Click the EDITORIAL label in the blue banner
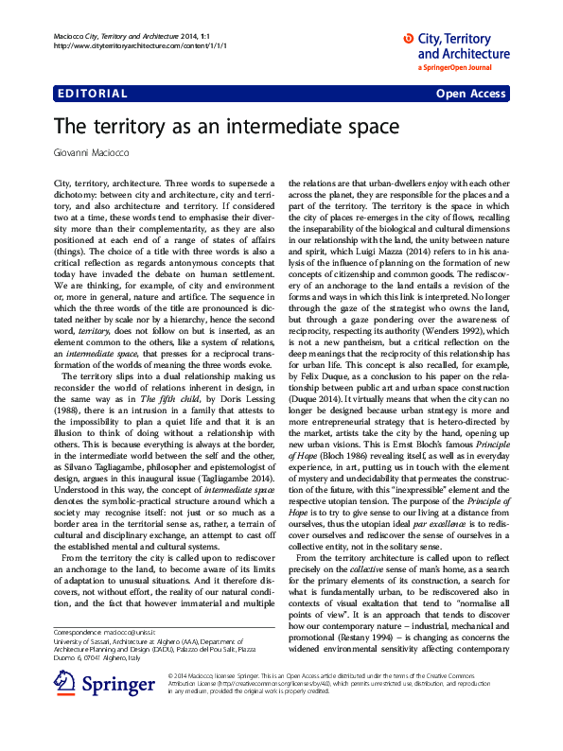[x=92, y=94]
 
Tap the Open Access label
[x=471, y=94]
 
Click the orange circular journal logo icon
[x=409, y=38]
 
